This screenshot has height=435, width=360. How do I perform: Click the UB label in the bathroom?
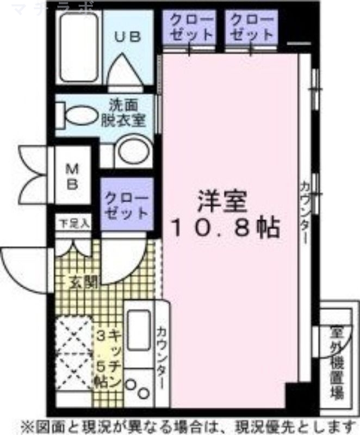pos(128,36)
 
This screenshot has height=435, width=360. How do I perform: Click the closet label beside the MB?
pos(126,203)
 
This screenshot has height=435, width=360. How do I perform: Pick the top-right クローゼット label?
pos(251,26)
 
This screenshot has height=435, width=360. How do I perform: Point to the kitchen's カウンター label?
pos(162,357)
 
